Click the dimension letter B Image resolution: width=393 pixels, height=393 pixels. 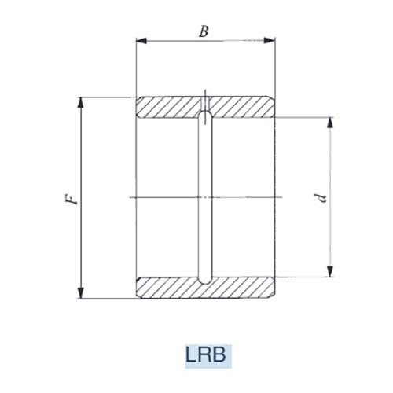click(x=204, y=31)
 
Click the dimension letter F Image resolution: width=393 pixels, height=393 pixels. click(x=72, y=197)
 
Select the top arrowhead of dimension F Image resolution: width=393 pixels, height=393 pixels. click(x=81, y=101)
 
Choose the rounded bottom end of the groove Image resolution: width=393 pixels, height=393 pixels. click(x=204, y=279)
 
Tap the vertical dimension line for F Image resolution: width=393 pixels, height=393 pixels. click(x=81, y=236)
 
